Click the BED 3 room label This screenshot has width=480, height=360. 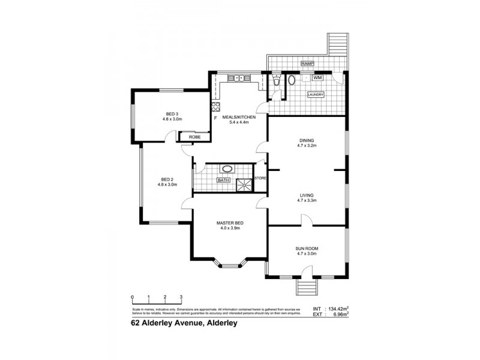(x=172, y=113)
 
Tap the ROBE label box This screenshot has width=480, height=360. (x=194, y=137)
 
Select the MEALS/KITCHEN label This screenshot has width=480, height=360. (x=239, y=118)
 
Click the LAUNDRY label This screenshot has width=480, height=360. (x=316, y=95)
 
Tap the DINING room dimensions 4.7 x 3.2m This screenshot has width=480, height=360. (x=307, y=146)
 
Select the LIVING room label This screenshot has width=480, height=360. (x=307, y=195)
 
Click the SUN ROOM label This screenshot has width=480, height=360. (x=307, y=248)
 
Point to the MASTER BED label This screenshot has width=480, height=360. (x=230, y=223)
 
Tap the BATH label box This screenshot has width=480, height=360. (x=224, y=180)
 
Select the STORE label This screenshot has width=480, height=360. (x=260, y=178)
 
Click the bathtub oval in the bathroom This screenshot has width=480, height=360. (x=228, y=169)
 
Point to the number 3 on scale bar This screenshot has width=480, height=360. (x=181, y=297)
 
